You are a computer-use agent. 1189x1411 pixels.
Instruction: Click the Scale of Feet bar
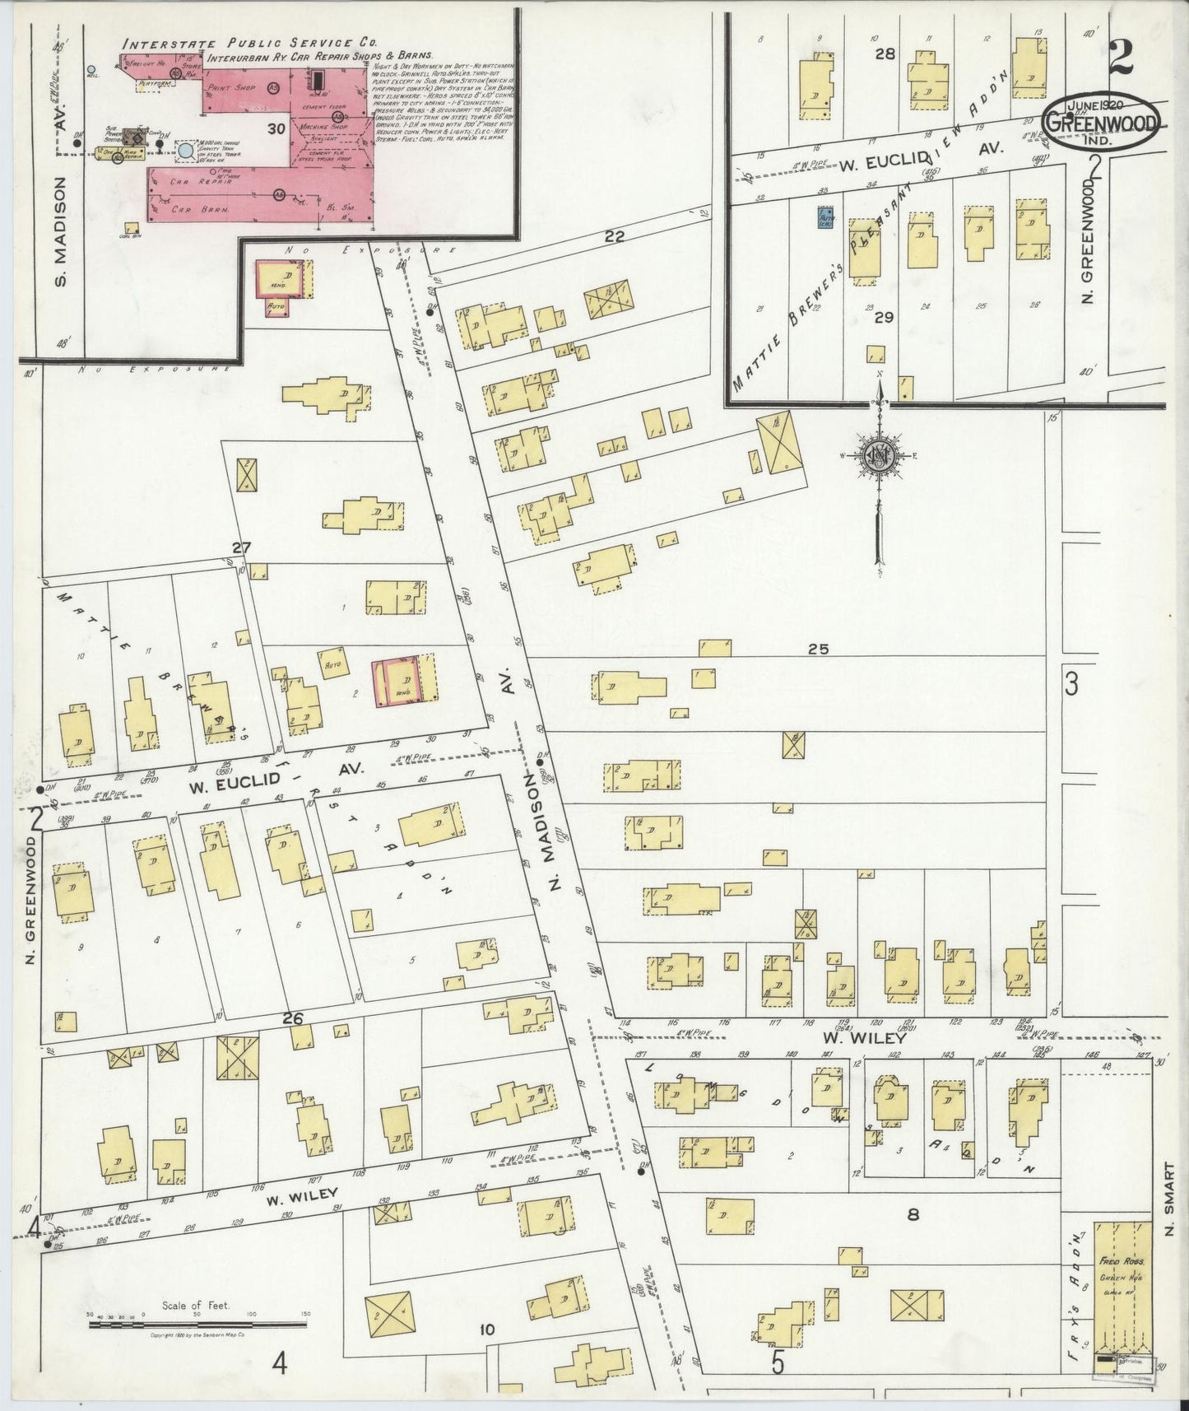(x=197, y=1325)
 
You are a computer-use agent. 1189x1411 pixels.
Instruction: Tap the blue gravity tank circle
(x=187, y=151)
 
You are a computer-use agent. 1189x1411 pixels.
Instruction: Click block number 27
(x=240, y=548)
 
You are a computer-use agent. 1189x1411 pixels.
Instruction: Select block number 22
(x=614, y=236)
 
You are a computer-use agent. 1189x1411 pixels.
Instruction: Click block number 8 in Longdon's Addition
(x=912, y=1213)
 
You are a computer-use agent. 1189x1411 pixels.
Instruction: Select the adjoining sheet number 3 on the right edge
(x=1071, y=683)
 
